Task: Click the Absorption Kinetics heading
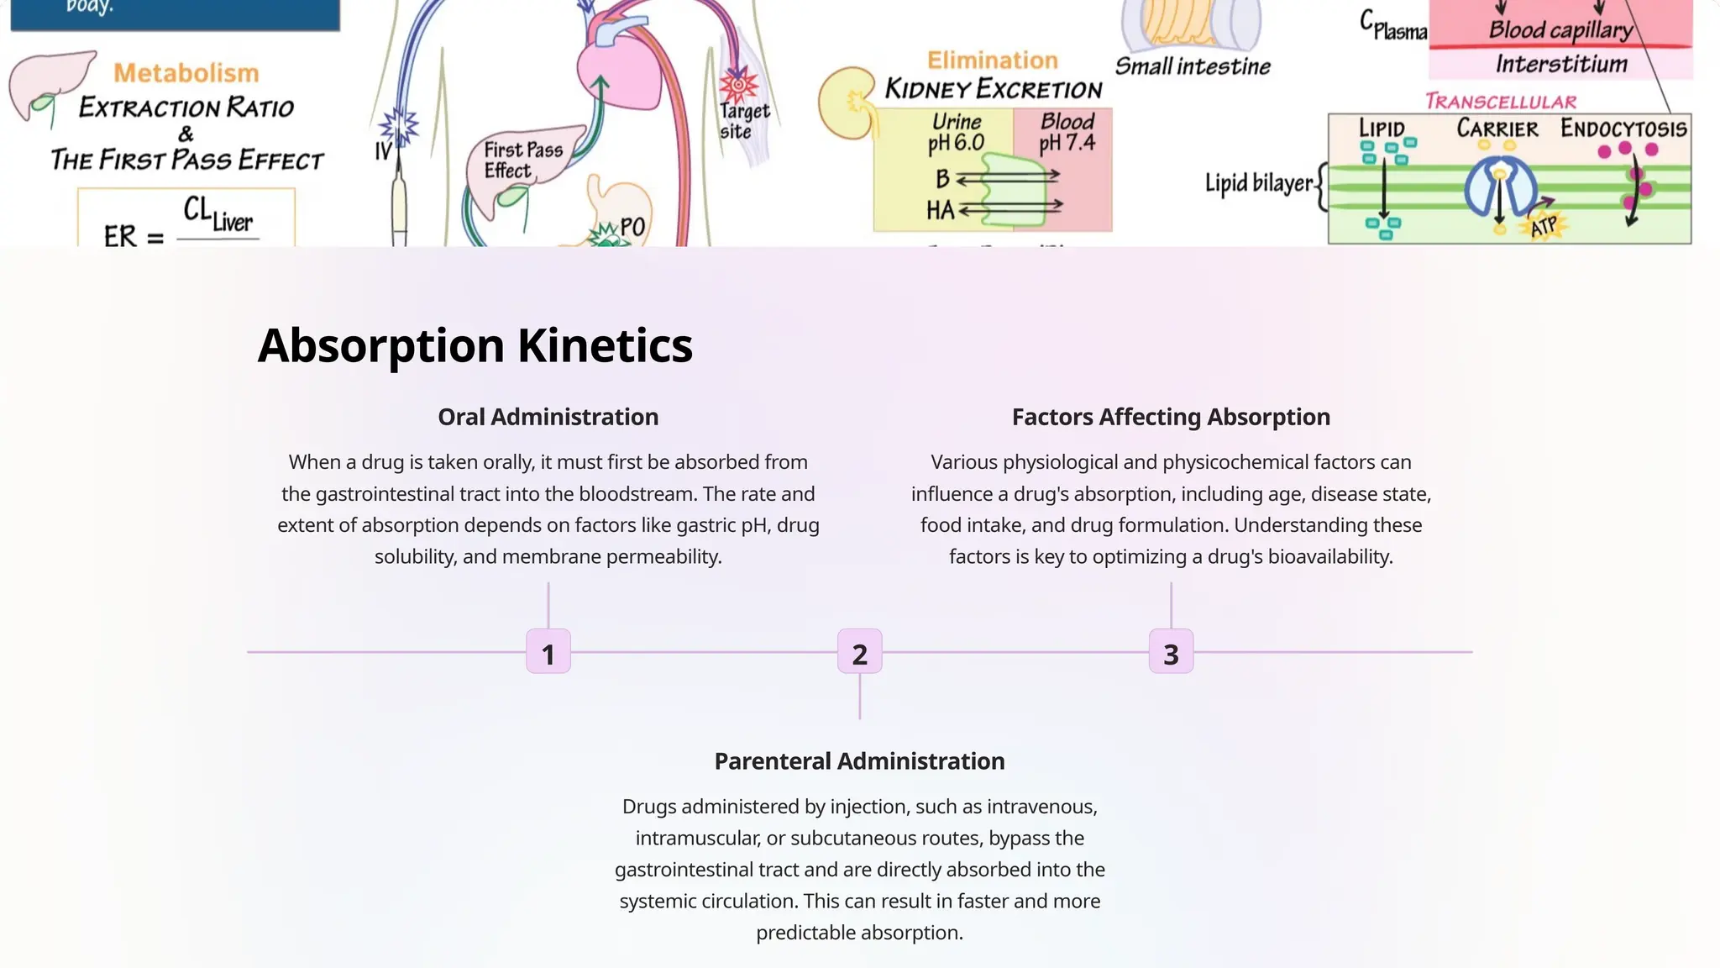pos(475,345)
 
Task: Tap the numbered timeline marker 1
pos(548,652)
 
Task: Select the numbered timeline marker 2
pos(859,652)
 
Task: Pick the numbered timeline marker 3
pos(1171,652)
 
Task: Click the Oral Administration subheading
pos(548,417)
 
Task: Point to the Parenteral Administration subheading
pos(859,761)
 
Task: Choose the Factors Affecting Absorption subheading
pos(1171,417)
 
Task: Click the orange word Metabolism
pos(186,73)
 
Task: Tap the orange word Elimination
pos(992,60)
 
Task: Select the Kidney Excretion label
pos(994,89)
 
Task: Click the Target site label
pos(744,121)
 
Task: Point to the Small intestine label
pos(1193,66)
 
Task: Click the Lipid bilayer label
pos(1258,183)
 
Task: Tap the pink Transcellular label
pos(1501,103)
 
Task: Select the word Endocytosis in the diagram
pos(1623,129)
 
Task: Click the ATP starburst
pos(1544,227)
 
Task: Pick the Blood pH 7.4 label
pos(1067,132)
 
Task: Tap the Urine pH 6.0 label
pos(956,133)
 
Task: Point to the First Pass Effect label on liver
pos(522,160)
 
